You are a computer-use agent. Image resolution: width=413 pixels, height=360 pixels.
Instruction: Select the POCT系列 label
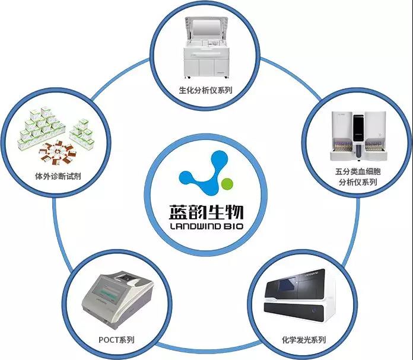117,340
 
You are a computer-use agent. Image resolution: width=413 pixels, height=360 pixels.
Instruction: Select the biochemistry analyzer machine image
205,50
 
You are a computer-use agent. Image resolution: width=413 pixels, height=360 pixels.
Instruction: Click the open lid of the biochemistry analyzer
205,27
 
